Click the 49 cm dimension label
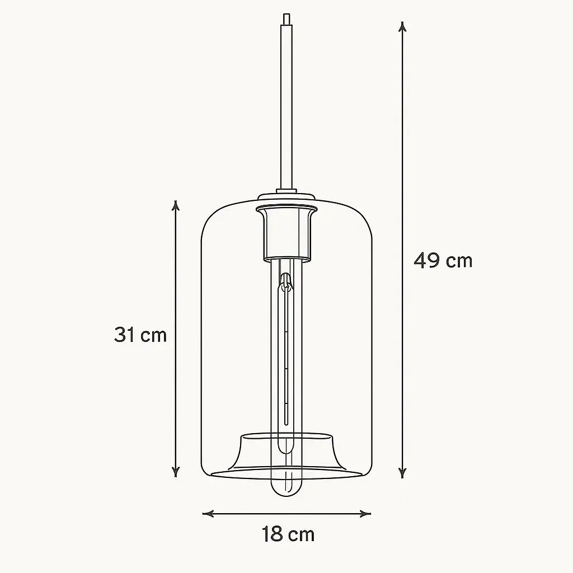click(443, 260)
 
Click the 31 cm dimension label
click(140, 335)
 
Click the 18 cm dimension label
click(288, 534)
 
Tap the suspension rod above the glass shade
click(286, 112)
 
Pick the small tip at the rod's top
click(286, 19)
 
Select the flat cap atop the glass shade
click(286, 197)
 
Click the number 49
click(426, 260)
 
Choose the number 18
click(273, 534)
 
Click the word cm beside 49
click(459, 261)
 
